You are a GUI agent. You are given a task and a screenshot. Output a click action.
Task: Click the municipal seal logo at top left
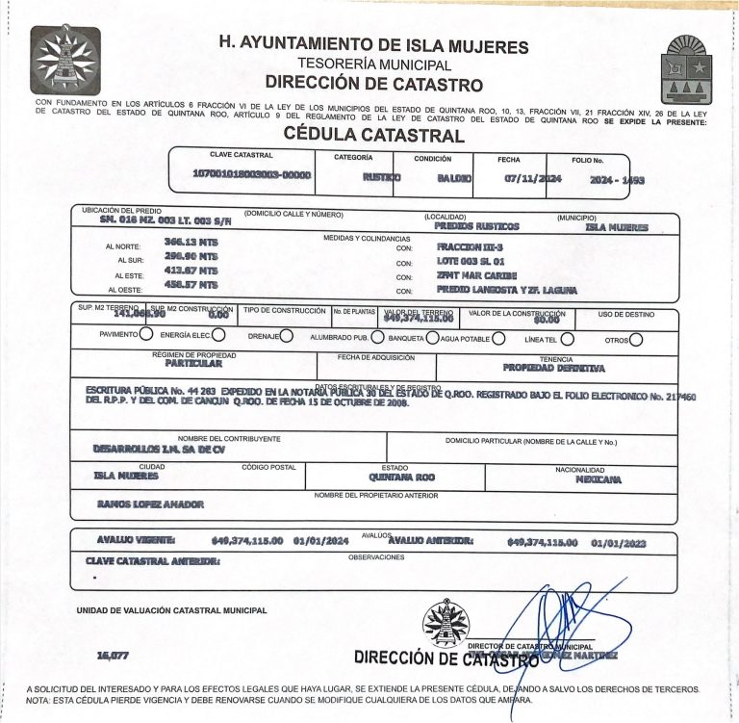(65, 60)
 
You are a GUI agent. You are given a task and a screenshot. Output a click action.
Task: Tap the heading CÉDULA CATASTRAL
(374, 137)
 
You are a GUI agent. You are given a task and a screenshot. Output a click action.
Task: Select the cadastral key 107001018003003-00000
(252, 175)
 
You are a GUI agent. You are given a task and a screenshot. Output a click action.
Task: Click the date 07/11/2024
(532, 179)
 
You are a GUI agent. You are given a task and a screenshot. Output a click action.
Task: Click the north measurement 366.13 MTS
(191, 243)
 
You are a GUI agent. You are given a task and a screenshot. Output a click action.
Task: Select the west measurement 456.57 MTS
(191, 286)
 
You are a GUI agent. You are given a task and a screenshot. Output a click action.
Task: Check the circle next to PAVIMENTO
(146, 336)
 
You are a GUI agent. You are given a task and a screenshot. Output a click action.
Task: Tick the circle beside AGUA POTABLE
(498, 338)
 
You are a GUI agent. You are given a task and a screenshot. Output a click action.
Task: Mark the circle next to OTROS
(636, 339)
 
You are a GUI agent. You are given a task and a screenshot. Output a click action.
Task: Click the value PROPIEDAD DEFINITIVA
(553, 368)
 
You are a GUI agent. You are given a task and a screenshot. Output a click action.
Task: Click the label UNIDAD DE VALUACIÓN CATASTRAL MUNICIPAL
(173, 611)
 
